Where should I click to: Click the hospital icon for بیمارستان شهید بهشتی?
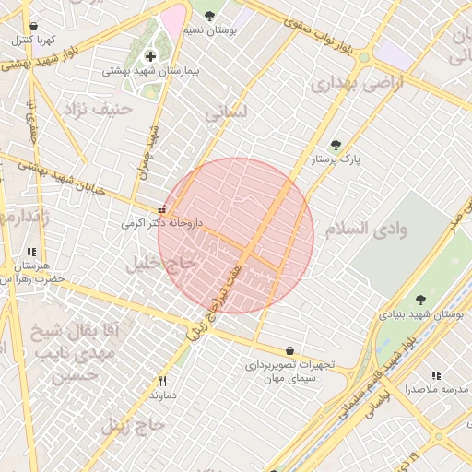point(151,56)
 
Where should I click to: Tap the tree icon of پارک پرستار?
point(336,145)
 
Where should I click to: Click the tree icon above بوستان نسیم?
point(209,16)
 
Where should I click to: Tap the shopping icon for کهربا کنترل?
point(34,27)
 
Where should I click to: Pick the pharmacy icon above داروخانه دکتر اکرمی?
point(162,209)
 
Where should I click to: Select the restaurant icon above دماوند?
point(163,381)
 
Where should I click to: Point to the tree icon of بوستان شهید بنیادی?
point(421,300)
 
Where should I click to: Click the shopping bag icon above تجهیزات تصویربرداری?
point(290,351)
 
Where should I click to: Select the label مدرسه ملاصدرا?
point(437,390)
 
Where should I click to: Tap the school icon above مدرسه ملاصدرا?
point(437,376)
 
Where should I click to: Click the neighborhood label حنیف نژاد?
point(99,109)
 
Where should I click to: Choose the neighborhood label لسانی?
point(226,114)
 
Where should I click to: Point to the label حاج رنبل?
point(134,425)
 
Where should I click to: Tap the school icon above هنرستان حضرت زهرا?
point(31,251)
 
